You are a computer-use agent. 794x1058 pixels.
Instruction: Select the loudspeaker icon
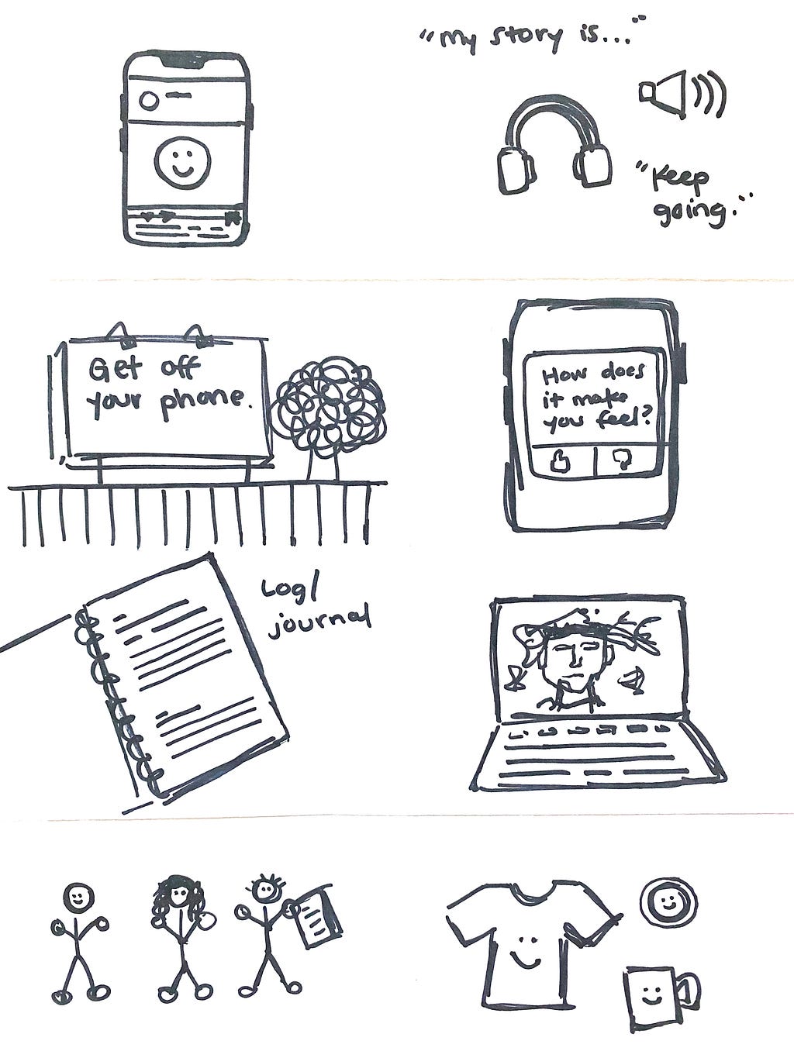tap(682, 94)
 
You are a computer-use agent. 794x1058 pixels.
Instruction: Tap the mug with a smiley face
tap(661, 994)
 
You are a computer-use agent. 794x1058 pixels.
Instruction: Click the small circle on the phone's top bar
tap(148, 100)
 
